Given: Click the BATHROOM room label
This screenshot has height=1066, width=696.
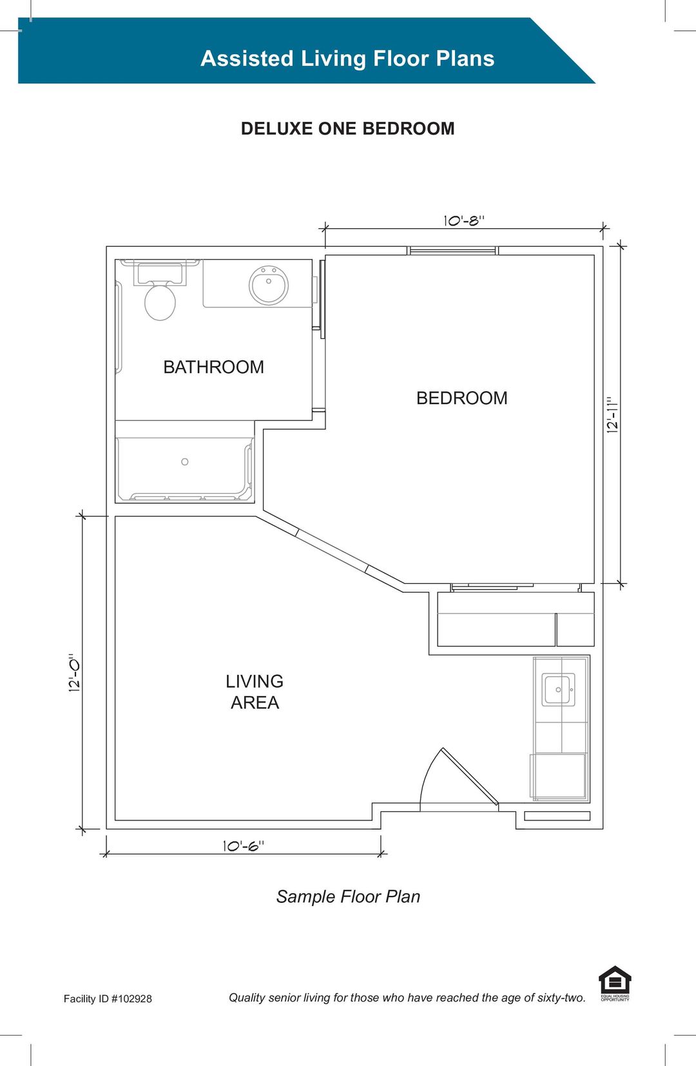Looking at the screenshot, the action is coord(213,367).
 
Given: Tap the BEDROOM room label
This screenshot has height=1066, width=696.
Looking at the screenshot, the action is coord(462,398).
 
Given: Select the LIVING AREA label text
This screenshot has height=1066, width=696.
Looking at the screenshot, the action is coord(255,692).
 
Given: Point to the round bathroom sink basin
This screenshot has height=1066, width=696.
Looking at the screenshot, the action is coord(269,285).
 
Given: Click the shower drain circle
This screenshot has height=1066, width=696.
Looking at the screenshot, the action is coord(184,461).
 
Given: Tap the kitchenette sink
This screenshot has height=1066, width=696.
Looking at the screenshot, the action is coord(559,689).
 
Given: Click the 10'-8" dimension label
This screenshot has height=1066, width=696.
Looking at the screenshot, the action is coord(464,221).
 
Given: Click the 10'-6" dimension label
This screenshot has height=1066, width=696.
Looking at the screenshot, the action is coord(244,846).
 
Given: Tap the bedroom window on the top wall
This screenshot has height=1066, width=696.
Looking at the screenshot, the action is coord(453,251).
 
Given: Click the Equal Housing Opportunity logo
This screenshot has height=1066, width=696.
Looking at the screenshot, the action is coord(615,984).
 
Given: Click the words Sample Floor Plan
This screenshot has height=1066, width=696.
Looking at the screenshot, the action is coord(348,896).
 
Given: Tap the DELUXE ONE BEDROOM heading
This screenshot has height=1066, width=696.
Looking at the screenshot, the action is coord(348,128).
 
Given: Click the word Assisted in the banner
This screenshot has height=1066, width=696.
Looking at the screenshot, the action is coord(247,59).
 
